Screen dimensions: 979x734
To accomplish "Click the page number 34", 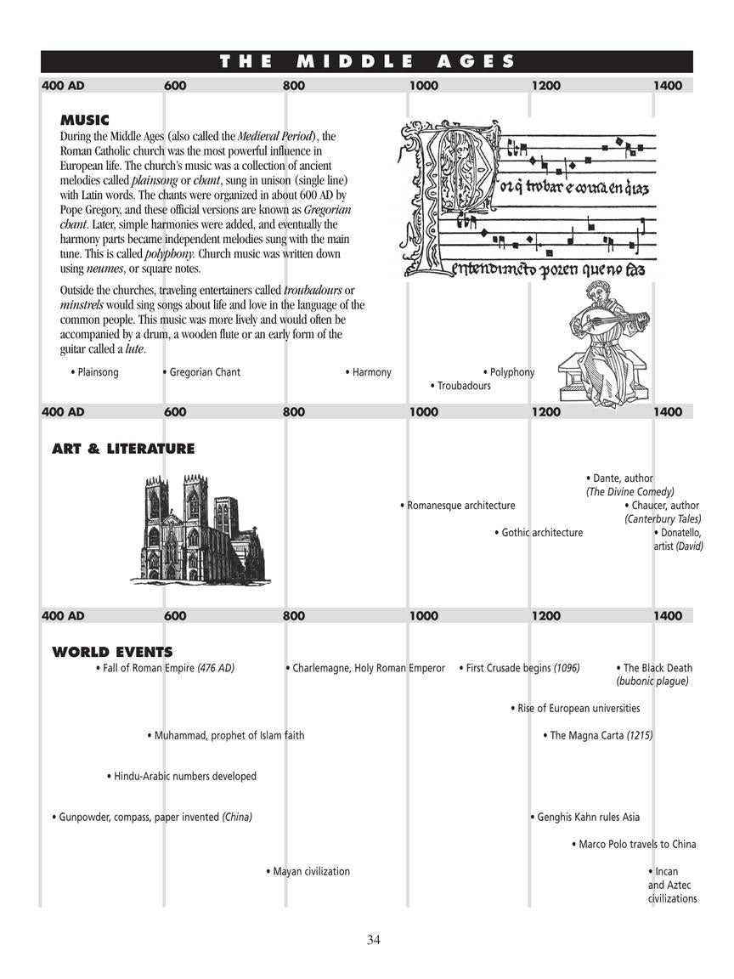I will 374,939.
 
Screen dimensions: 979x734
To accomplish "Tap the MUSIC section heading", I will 84,121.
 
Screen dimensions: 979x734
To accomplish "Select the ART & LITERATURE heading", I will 123,449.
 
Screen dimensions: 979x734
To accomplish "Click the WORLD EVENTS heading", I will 112,653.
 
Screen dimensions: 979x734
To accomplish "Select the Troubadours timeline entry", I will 463,386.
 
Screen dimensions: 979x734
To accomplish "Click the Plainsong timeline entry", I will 97,372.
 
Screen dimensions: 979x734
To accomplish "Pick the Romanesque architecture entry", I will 460,506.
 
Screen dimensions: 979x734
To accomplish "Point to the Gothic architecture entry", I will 541,533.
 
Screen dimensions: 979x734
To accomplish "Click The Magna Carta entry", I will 600,735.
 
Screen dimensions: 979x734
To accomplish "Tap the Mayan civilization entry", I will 310,871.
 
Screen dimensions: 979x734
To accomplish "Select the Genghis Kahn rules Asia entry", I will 587,817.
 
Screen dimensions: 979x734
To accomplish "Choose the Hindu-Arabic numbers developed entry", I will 183,776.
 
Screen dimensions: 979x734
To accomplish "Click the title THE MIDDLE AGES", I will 367,61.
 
